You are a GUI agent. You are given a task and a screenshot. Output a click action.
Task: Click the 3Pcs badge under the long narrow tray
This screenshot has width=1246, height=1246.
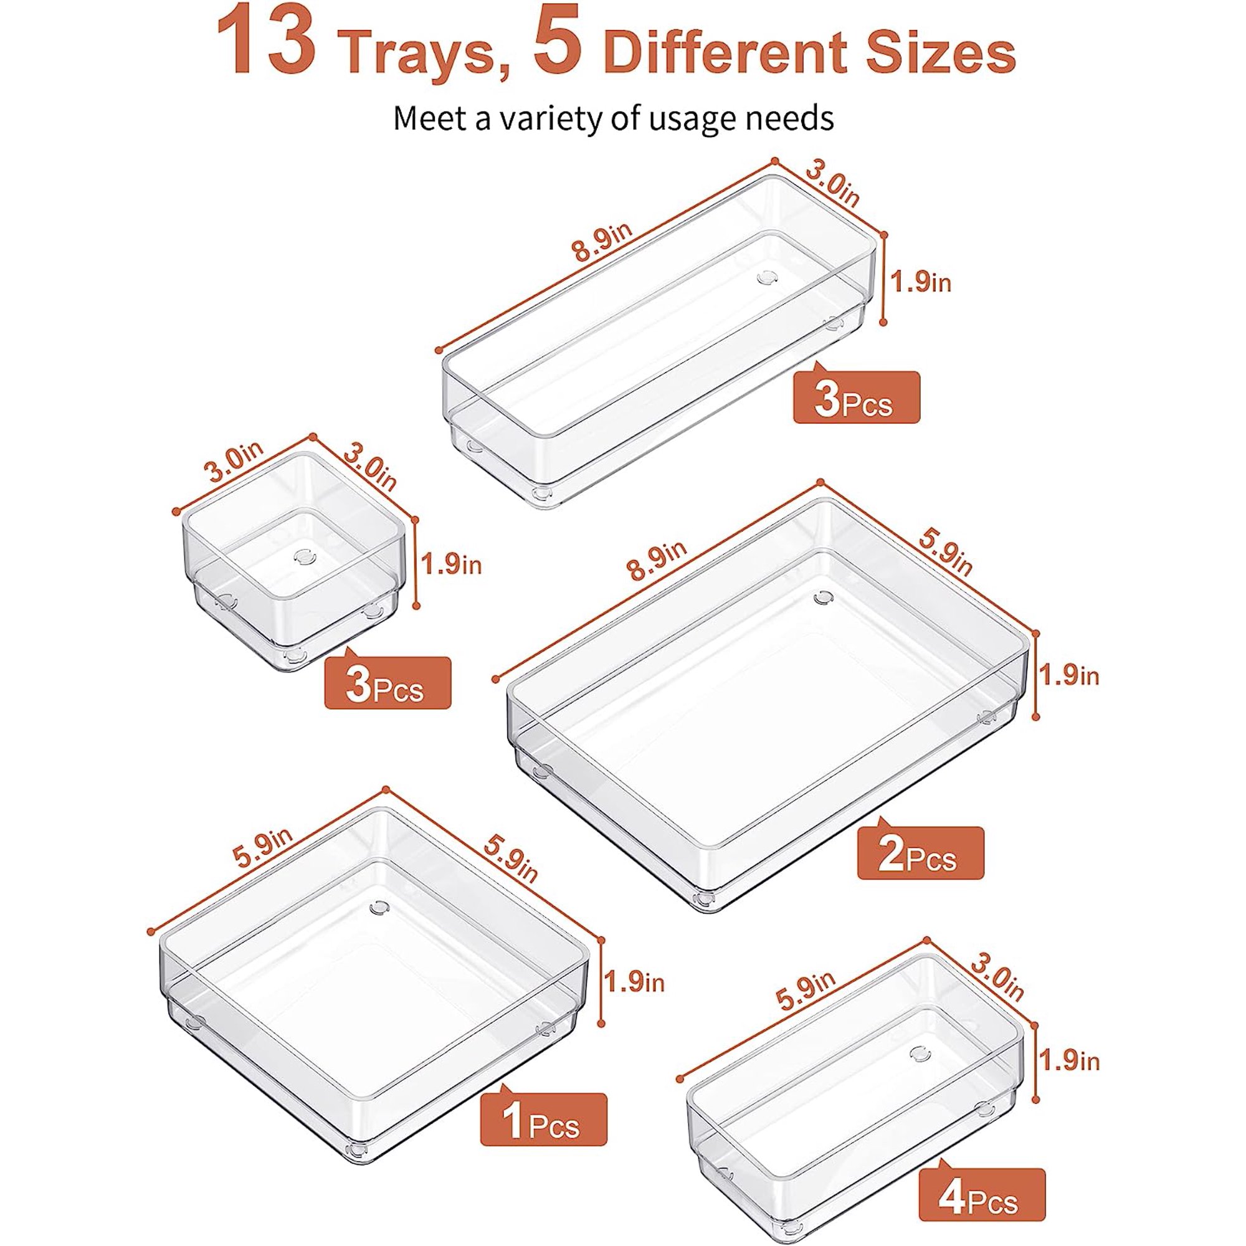pos(856,401)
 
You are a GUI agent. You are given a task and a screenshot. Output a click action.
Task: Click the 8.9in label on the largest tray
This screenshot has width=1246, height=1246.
pos(657,561)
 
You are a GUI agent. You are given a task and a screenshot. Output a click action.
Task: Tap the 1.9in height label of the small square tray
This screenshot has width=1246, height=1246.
pos(452,565)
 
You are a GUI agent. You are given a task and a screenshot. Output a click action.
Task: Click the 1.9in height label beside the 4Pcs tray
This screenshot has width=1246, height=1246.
pos(1069,1060)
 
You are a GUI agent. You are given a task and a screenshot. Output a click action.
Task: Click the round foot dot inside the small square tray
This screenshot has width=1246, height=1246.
pos(301,555)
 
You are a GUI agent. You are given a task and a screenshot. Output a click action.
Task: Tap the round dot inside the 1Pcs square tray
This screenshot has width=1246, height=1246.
pos(379,908)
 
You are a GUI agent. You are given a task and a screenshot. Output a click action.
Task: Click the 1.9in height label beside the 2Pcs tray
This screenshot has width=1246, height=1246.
pos(1069,675)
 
